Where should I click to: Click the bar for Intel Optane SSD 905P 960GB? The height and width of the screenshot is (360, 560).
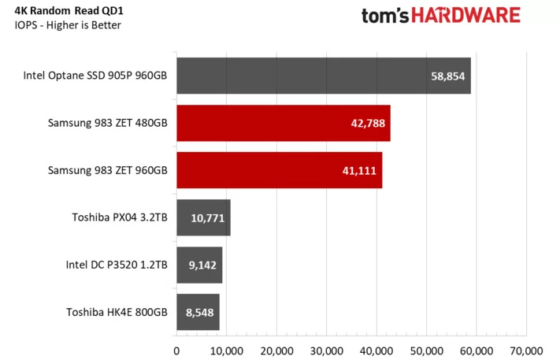point(323,76)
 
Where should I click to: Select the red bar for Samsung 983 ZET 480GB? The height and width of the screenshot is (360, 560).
point(283,124)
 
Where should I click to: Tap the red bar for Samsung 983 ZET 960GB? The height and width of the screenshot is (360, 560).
point(279,171)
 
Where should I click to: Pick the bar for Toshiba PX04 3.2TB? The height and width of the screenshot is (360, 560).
point(203,218)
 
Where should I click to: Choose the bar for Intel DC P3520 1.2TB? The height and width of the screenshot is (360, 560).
point(198,265)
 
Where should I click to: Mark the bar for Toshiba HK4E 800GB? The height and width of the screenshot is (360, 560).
point(198,313)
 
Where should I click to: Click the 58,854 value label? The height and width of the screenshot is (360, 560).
point(448,76)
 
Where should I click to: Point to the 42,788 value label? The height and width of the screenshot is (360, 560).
point(367,124)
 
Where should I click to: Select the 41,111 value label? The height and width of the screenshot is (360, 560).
point(359,171)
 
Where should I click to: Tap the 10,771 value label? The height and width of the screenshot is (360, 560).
point(206,218)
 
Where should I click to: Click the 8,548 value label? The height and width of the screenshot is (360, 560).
point(199,313)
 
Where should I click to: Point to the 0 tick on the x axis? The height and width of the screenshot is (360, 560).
point(176,349)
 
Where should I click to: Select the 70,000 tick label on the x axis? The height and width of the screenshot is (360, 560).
point(526,349)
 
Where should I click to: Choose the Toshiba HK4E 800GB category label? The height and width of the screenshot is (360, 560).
point(117,313)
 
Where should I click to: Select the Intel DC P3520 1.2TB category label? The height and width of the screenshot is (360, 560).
point(117,265)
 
